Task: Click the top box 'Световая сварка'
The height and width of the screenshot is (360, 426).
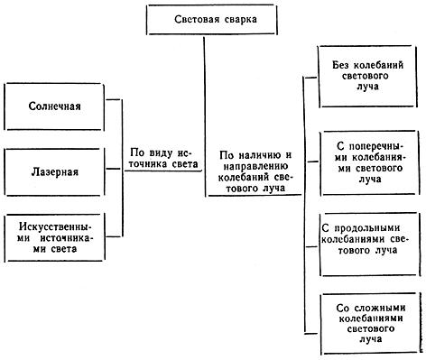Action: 203,19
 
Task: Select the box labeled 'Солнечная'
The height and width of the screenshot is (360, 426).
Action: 59,106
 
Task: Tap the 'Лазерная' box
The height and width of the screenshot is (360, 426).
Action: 59,170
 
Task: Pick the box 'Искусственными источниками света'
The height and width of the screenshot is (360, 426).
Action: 59,237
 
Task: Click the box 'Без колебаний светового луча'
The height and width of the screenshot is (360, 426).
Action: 366,77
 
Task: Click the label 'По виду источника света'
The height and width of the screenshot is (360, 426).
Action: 165,160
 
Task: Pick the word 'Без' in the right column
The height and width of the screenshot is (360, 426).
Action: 340,63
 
